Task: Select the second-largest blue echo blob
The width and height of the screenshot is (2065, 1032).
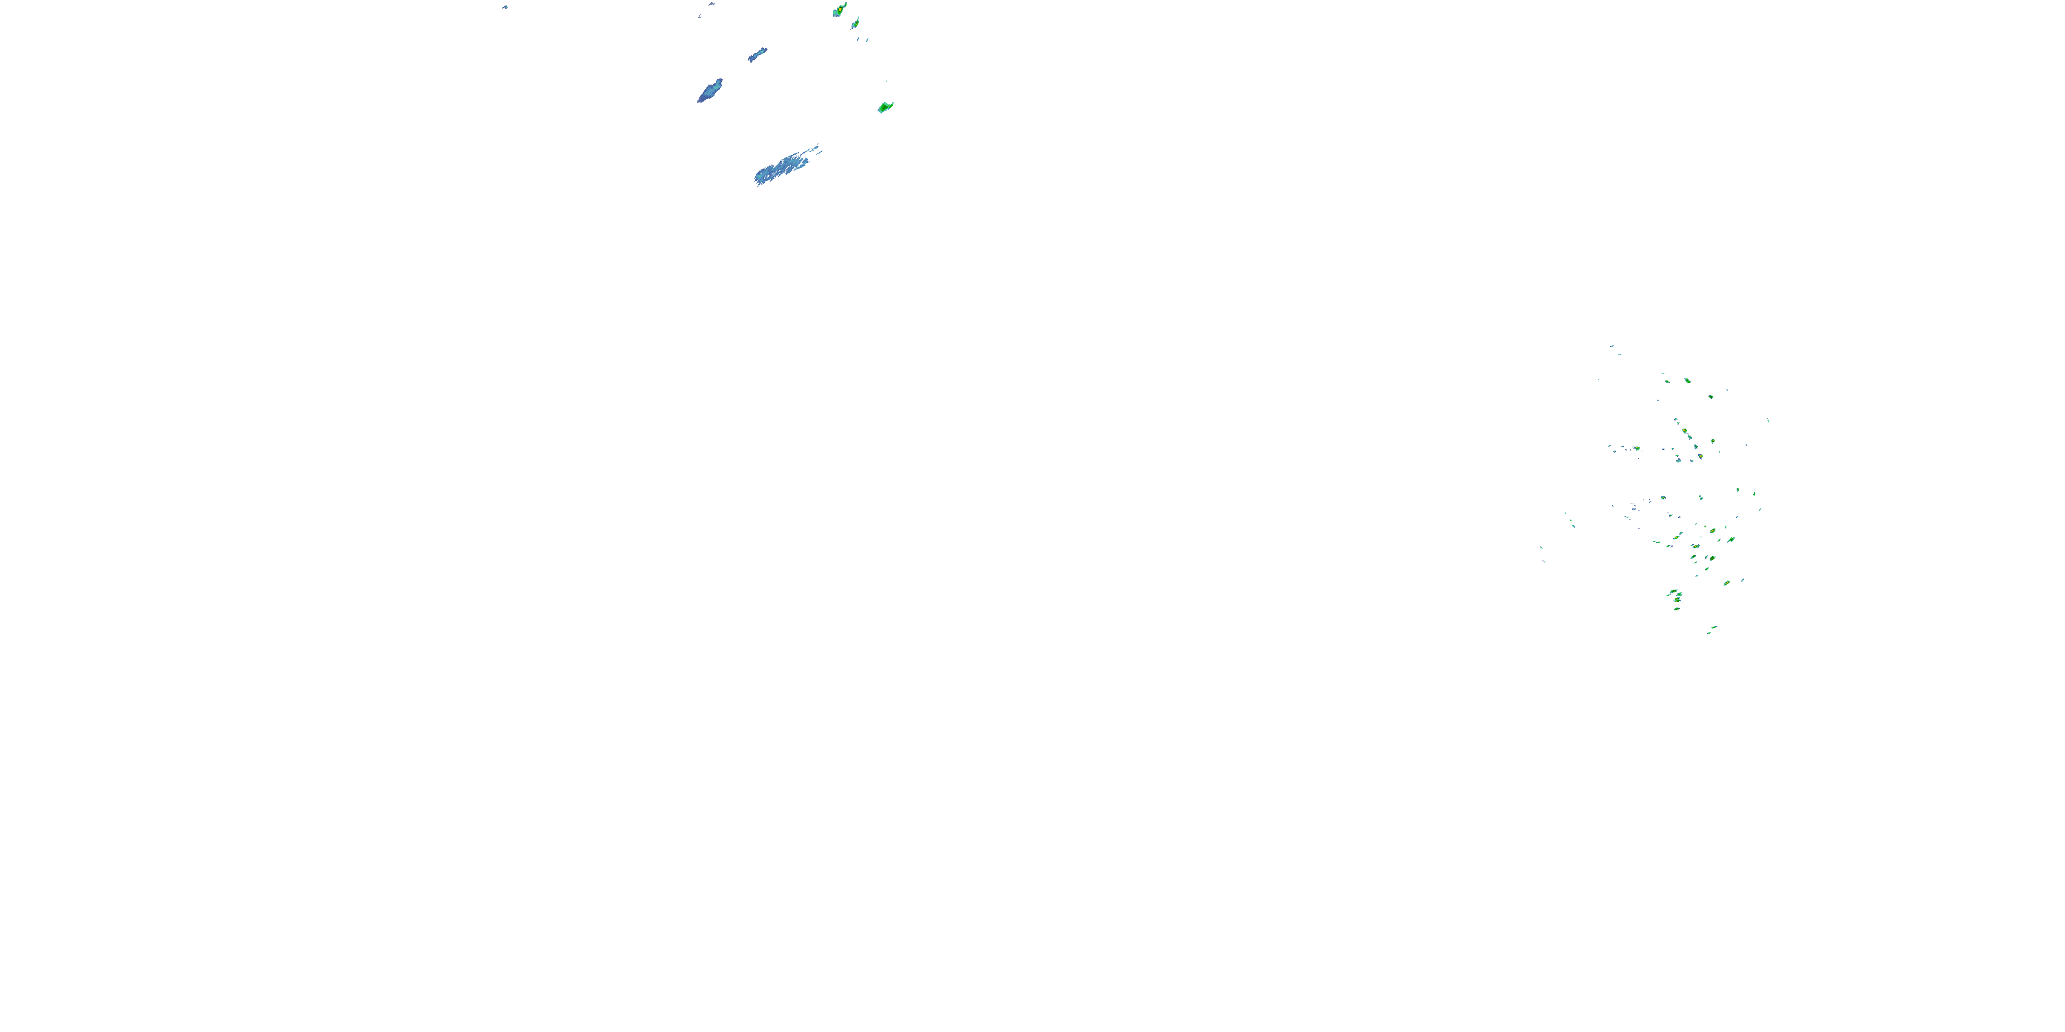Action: [x=710, y=91]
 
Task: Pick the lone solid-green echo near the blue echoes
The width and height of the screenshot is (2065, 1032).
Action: [x=885, y=107]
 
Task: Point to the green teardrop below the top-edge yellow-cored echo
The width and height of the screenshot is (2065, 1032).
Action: [x=856, y=23]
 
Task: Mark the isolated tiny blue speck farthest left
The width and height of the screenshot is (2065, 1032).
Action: [x=505, y=7]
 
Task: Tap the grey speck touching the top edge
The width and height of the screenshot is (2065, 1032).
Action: [x=710, y=4]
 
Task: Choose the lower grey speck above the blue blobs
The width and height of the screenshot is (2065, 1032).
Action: [x=700, y=15]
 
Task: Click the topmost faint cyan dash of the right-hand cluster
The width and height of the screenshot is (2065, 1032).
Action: [x=1611, y=346]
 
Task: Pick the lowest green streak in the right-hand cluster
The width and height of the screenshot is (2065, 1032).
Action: [x=1708, y=633]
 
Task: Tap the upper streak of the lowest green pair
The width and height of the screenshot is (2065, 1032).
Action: [x=1714, y=627]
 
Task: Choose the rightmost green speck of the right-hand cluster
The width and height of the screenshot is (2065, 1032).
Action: [x=1768, y=420]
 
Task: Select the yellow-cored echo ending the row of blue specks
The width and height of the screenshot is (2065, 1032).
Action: [x=1636, y=449]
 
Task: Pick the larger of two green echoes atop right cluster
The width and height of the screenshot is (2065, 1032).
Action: [x=1687, y=380]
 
